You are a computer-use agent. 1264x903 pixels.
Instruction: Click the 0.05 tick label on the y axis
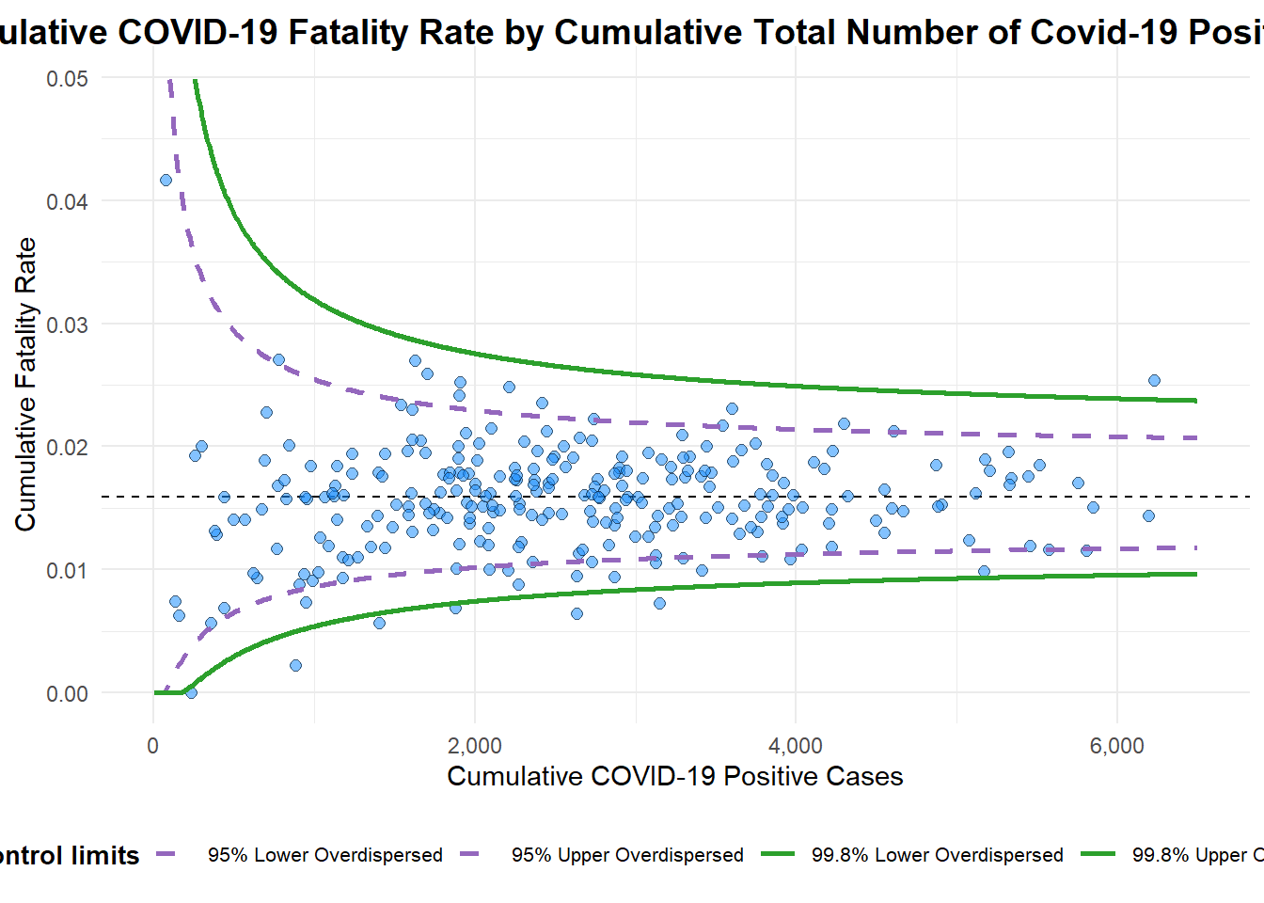[67, 79]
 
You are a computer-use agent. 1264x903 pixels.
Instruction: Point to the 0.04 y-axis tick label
[67, 202]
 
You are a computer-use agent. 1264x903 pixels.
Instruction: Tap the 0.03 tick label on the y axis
[67, 325]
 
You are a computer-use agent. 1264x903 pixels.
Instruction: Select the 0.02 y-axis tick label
[67, 448]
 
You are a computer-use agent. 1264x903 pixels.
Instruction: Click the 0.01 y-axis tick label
[67, 571]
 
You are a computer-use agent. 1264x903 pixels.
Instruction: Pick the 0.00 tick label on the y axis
[67, 694]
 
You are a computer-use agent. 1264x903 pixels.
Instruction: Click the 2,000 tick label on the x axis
[474, 747]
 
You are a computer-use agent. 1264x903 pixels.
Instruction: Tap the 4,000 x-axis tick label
[796, 747]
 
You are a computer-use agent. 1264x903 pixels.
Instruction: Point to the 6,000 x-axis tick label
[1117, 747]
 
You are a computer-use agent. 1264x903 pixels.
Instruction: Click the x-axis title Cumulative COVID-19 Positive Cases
[674, 777]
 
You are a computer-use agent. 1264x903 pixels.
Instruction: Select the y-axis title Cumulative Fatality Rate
[25, 384]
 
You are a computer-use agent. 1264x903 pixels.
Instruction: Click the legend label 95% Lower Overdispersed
[324, 856]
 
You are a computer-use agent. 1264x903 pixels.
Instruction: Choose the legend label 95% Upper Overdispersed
[627, 856]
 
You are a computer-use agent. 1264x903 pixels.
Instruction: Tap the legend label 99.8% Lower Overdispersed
[937, 856]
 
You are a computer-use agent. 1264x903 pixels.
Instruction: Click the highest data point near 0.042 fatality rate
[166, 180]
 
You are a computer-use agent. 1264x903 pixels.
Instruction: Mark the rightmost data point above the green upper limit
[1154, 380]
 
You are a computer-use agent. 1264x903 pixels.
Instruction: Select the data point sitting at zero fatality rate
[191, 693]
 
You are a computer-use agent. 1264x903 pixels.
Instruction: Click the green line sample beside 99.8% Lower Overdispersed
[778, 855]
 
